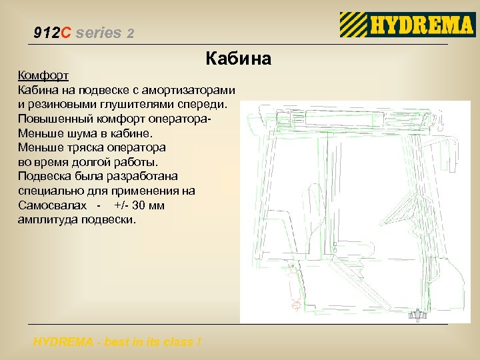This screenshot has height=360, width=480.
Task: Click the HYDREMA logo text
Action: [x=421, y=26]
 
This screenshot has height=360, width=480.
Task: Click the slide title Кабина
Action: [x=239, y=59]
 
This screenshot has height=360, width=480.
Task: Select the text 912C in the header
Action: [x=51, y=33]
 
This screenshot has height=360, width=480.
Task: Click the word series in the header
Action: [x=99, y=33]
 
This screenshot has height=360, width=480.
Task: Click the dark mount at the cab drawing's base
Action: [x=417, y=315]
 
